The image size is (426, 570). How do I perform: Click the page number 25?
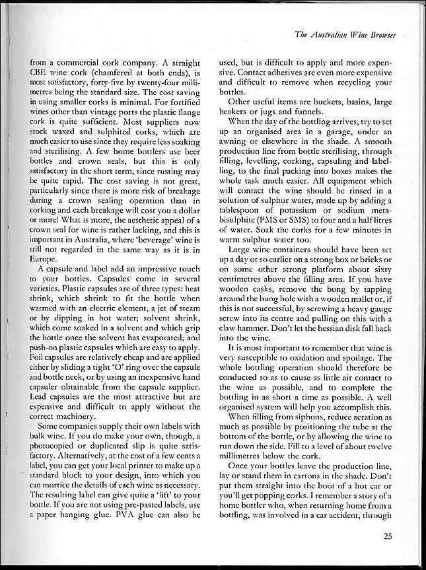pyautogui.click(x=387, y=536)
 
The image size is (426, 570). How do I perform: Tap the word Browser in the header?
pyautogui.click(x=386, y=34)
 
